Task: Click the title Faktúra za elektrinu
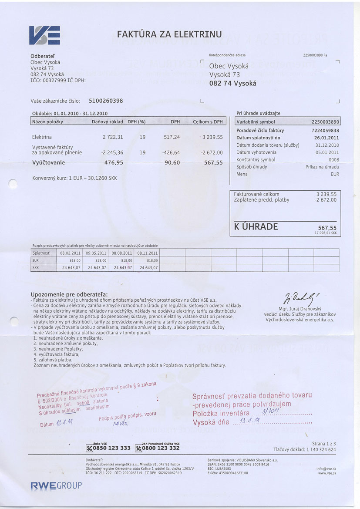pos(169,34)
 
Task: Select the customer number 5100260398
pos(106,101)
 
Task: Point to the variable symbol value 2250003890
pos(326,122)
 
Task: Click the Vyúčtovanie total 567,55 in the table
pos(213,162)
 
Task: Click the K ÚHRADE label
pos(256,227)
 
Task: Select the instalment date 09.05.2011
pos(96,253)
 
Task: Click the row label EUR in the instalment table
pos(36,260)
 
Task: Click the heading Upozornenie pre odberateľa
pos(69,295)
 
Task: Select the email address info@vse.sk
pos(326,469)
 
